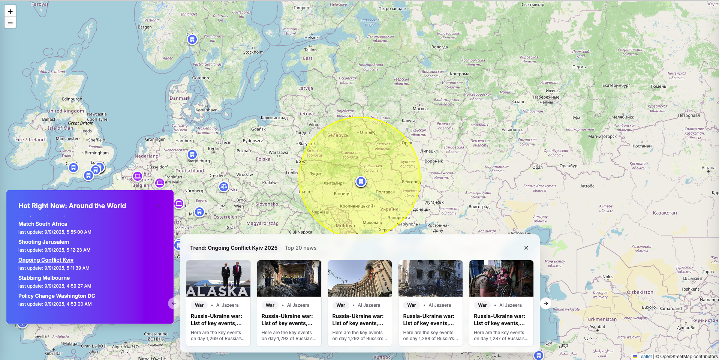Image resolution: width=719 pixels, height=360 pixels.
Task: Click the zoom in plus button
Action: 10,11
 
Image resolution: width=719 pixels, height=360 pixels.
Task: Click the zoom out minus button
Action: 10,22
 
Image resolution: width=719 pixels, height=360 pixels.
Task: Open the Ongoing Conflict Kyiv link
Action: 46,260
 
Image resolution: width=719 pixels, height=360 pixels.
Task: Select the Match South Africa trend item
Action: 43,224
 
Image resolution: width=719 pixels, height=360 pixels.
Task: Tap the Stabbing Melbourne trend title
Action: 44,278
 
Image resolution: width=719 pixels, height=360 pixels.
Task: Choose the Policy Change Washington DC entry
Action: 57,296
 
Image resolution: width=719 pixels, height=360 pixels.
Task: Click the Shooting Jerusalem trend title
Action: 43,242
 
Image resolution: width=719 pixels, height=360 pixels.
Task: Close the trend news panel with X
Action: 526,248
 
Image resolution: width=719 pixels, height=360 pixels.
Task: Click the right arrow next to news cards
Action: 546,303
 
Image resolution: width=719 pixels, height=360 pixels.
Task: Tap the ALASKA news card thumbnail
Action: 218,278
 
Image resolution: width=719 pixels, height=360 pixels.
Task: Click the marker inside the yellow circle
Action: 361,182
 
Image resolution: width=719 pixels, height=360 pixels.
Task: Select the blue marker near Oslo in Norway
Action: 192,39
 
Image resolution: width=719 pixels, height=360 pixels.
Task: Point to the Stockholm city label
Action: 253,52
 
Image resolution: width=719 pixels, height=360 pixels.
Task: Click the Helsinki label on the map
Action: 312,37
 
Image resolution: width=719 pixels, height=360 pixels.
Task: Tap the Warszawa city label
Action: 278,153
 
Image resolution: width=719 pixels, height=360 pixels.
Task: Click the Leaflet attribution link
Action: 645,357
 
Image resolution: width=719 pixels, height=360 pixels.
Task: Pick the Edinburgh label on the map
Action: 72,99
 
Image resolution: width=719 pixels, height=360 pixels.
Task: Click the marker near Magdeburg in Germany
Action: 192,154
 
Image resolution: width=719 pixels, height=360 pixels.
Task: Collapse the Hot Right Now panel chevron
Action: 159,206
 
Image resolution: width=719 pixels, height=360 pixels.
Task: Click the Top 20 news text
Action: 301,248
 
